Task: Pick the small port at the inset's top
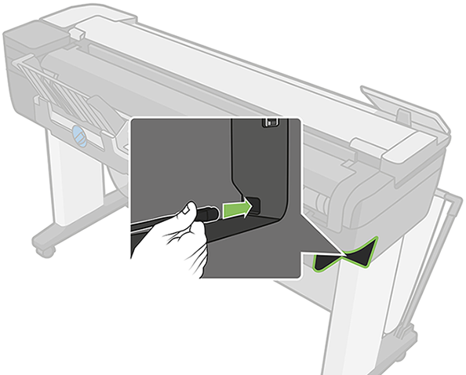(x=269, y=122)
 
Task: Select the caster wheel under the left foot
(x=45, y=250)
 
